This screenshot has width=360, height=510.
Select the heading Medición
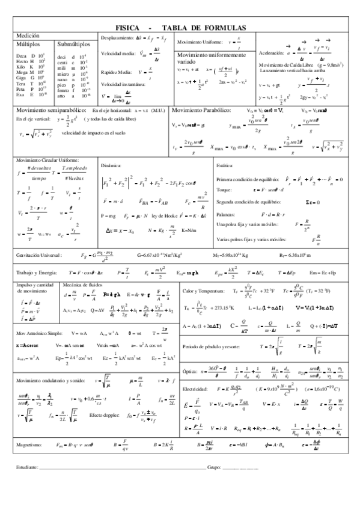[x=29, y=36]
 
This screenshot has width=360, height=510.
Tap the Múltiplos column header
[x=29, y=45]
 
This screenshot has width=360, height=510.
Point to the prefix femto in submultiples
[x=64, y=89]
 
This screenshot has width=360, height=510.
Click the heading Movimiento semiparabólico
[x=51, y=111]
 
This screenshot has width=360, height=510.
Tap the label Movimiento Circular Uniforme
[x=47, y=161]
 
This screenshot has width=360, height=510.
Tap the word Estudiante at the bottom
[x=27, y=467]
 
